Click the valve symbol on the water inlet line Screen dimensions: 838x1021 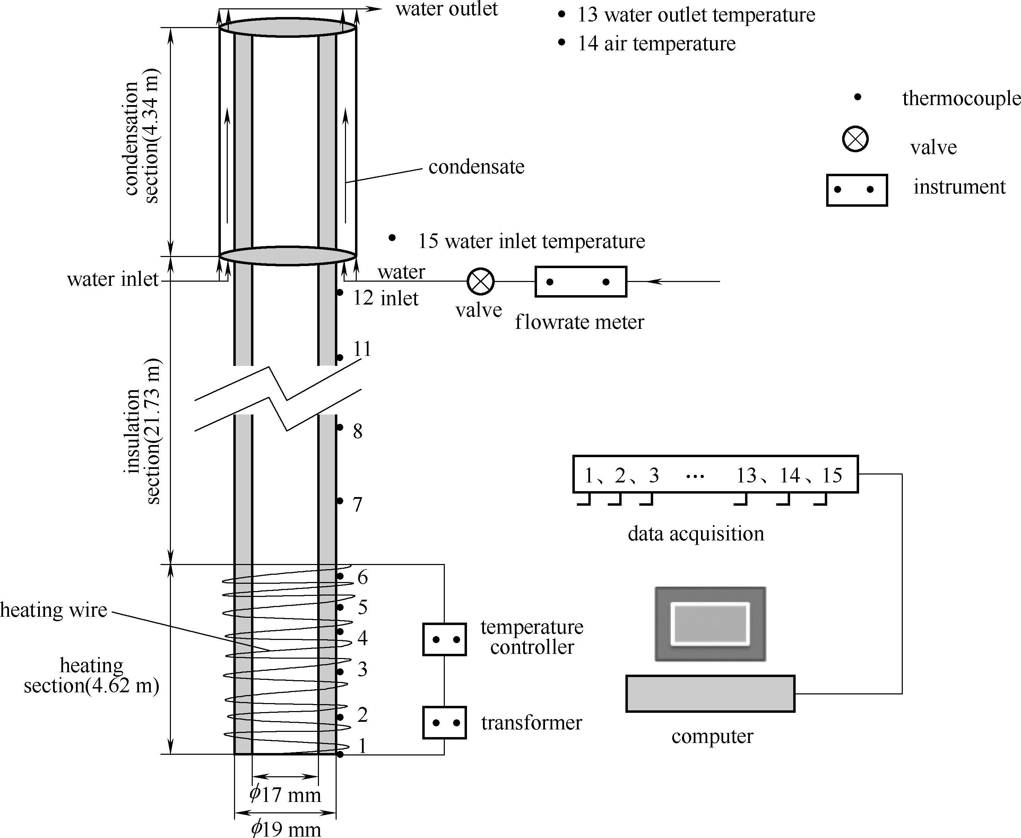point(481,281)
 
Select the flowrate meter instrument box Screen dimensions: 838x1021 point(580,281)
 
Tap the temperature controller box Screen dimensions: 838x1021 point(444,640)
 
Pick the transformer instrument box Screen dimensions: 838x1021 point(444,722)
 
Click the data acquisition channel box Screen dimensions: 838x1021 point(715,474)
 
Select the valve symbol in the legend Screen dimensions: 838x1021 point(855,139)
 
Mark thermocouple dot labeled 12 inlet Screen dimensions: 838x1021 point(340,292)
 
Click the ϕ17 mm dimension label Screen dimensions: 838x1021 point(285,795)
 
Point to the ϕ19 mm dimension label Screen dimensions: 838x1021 point(286,828)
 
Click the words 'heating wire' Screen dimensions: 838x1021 point(53,610)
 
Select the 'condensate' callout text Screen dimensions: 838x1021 point(476,167)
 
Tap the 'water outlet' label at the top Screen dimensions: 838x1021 point(446,9)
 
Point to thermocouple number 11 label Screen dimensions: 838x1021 point(362,349)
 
